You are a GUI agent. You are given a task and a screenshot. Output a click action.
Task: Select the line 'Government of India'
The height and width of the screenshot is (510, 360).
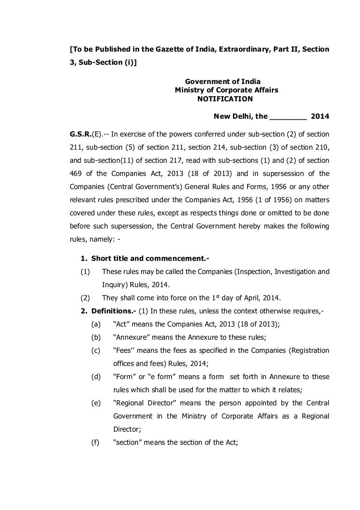click(x=223, y=82)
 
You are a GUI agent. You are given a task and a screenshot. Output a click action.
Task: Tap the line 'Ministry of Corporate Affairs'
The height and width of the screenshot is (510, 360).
click(x=226, y=90)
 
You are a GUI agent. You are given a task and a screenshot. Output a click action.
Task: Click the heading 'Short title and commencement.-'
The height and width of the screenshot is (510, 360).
click(x=143, y=259)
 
